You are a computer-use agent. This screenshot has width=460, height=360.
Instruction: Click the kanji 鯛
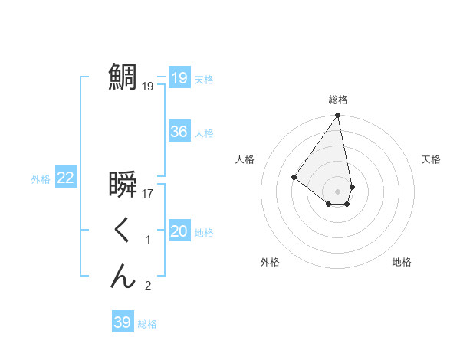pyautogui.click(x=122, y=77)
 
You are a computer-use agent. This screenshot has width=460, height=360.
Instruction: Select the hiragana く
pyautogui.click(x=122, y=231)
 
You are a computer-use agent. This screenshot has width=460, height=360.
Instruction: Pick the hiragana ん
pyautogui.click(x=122, y=277)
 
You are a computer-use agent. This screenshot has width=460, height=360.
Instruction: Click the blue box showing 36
pyautogui.click(x=179, y=132)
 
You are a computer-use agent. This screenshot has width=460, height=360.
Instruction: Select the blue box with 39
pyautogui.click(x=122, y=322)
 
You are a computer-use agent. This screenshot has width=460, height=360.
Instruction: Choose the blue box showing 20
pyautogui.click(x=179, y=231)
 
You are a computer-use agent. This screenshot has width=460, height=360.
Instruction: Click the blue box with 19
pyautogui.click(x=179, y=78)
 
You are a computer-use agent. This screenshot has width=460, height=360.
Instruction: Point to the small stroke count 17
pyautogui.click(x=148, y=194)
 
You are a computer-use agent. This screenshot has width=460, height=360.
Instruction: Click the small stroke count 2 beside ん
pyautogui.click(x=148, y=286)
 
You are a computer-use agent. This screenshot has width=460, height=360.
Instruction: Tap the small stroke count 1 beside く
pyautogui.click(x=148, y=241)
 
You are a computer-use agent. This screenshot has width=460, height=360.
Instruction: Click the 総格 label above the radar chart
pyautogui.click(x=338, y=100)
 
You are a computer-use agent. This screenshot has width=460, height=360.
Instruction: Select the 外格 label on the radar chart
pyautogui.click(x=270, y=262)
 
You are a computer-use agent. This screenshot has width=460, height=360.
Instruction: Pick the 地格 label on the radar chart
pyautogui.click(x=402, y=262)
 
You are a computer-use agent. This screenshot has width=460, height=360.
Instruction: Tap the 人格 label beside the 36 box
pyautogui.click(x=204, y=133)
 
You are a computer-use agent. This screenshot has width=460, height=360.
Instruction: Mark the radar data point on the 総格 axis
pyautogui.click(x=337, y=116)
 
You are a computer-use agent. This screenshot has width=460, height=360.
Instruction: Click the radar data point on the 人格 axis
pyautogui.click(x=294, y=177)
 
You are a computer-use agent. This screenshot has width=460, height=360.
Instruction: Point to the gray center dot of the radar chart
pyautogui.click(x=337, y=191)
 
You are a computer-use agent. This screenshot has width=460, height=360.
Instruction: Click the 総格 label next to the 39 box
pyautogui.click(x=147, y=324)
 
